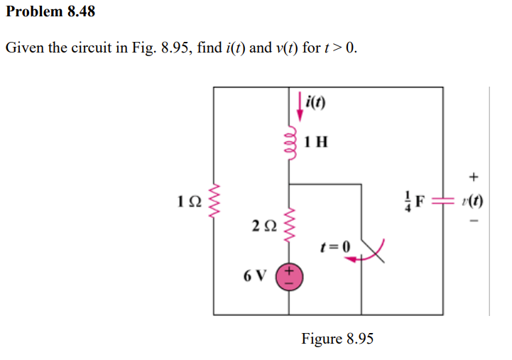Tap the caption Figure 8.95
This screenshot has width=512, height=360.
337,338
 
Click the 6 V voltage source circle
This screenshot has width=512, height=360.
290,276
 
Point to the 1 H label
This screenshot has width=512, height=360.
315,141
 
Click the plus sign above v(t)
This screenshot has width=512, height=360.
474,176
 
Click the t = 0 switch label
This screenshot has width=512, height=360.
335,246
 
